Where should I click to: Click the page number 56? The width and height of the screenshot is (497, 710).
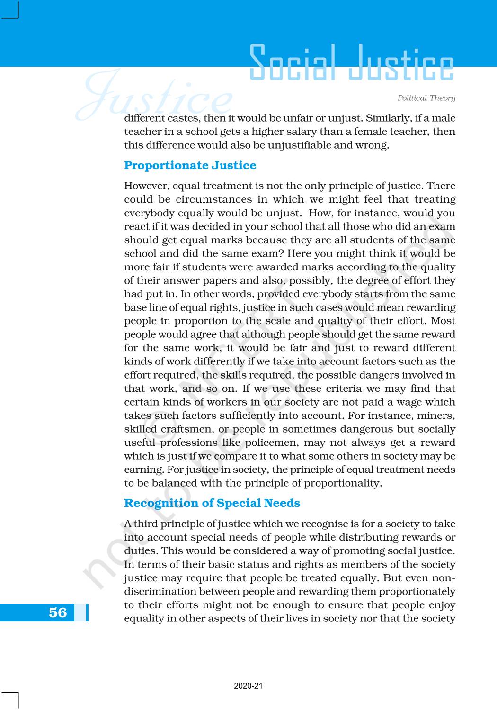pyautogui.click(x=58, y=612)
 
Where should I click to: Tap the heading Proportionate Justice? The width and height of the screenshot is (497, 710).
pyautogui.click(x=190, y=165)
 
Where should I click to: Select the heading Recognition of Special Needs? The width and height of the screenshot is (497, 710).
pyautogui.click(x=212, y=503)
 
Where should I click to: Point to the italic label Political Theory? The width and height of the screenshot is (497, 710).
pyautogui.click(x=426, y=98)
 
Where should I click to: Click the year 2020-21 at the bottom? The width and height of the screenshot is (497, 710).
pyautogui.click(x=248, y=686)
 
